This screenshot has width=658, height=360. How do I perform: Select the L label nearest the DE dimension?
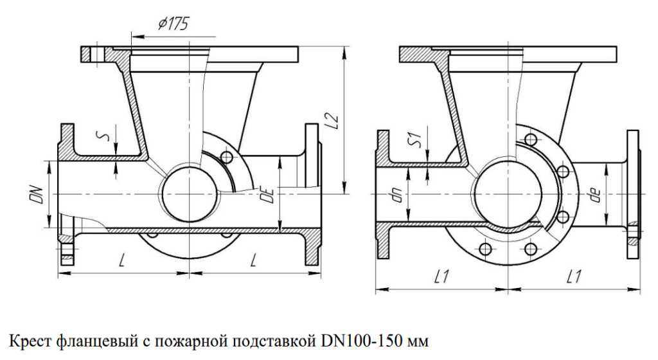[x=255, y=260]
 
